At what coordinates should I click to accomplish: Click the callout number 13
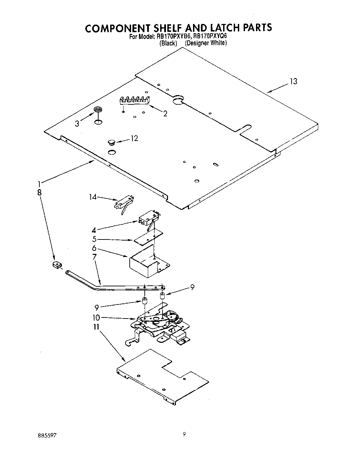pos(293,81)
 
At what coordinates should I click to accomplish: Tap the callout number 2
pos(165,114)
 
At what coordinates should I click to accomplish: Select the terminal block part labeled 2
pos(135,100)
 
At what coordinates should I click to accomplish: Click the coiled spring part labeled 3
pos(98,110)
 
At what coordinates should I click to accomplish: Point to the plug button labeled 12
pos(111,141)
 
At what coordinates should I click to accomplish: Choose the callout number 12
pos(134,138)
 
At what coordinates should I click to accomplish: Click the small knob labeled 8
pos(56,264)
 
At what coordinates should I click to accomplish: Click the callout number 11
pos(96,327)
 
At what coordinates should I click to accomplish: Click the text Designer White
pos(206,43)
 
